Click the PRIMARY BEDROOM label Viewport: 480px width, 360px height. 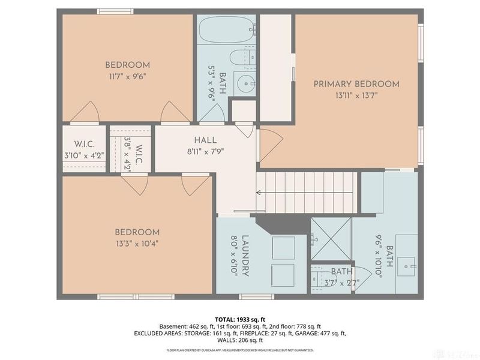(356, 84)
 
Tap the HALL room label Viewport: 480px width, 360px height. (205, 140)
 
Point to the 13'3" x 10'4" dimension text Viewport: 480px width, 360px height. (137, 244)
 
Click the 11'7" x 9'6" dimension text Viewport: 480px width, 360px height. (127, 76)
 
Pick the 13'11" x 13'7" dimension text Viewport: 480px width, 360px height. (356, 95)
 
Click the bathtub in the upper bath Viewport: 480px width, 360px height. (227, 28)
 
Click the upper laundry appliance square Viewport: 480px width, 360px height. (283, 248)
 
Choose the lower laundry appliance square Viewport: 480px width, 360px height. (283, 275)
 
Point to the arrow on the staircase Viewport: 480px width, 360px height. (259, 193)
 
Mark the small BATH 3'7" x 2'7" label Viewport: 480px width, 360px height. (342, 276)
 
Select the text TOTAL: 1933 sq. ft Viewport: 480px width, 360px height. (239, 319)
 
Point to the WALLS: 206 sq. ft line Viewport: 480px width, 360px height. (239, 340)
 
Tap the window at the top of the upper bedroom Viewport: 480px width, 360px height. (115, 11)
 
